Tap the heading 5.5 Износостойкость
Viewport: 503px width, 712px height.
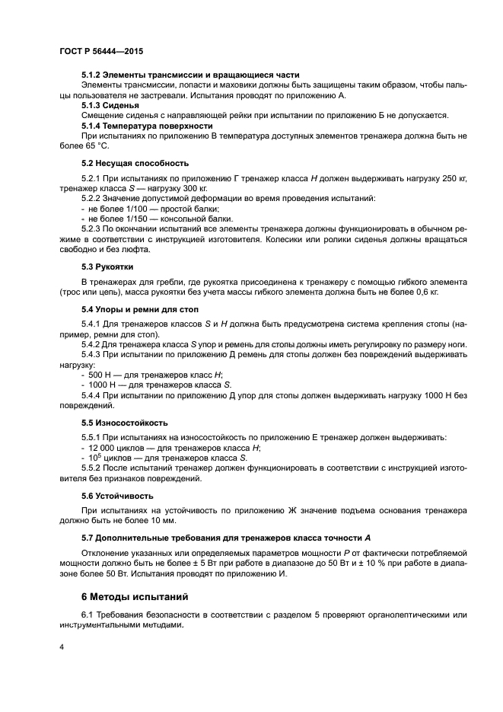tap(125, 423)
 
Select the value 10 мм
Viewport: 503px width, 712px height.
tap(162, 521)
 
